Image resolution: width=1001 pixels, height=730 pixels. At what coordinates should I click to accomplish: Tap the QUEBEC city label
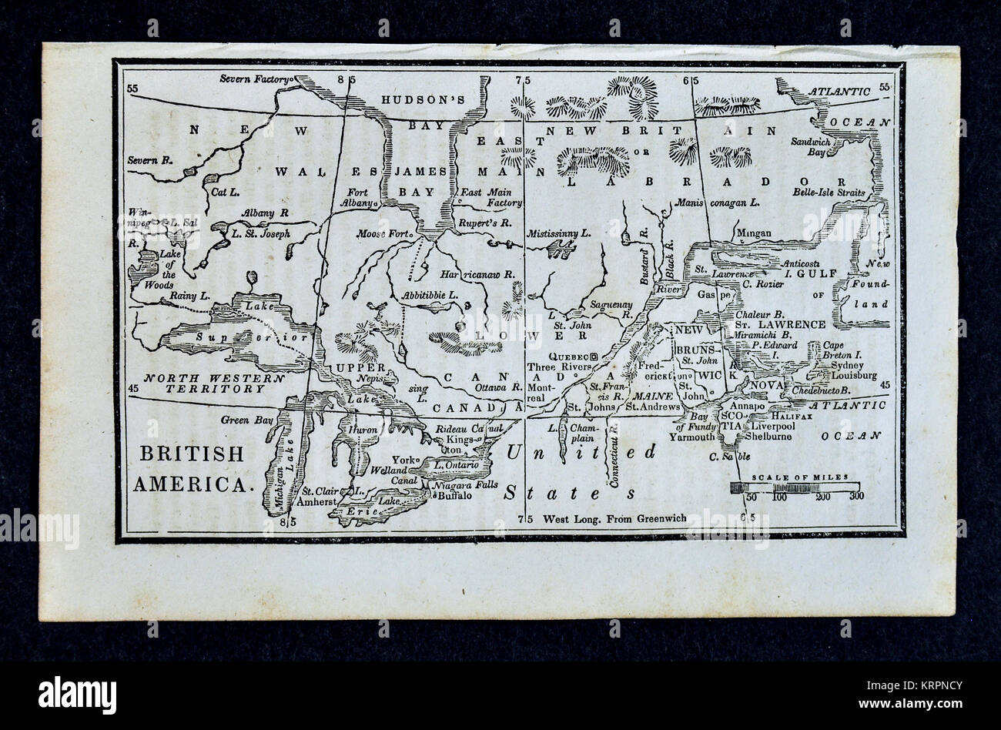(x=566, y=357)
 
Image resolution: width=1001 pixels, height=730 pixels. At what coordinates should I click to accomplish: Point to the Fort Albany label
(x=358, y=199)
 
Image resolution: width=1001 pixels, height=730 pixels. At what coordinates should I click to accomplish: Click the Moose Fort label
(x=383, y=233)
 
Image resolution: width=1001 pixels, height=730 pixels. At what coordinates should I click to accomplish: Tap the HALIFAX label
(x=778, y=414)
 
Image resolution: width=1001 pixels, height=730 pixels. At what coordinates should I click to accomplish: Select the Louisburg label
(x=850, y=376)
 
